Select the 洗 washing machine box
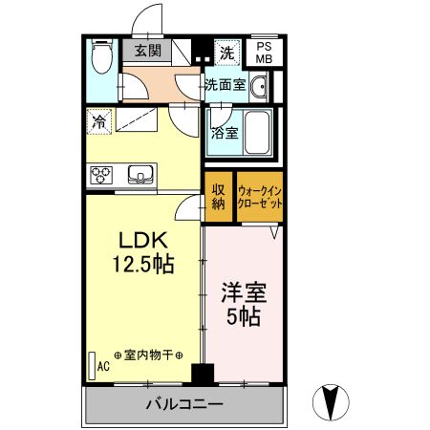coord(227,51)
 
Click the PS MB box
coord(264,52)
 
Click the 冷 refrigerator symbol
coord(98,121)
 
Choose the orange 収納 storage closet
coord(218,196)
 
